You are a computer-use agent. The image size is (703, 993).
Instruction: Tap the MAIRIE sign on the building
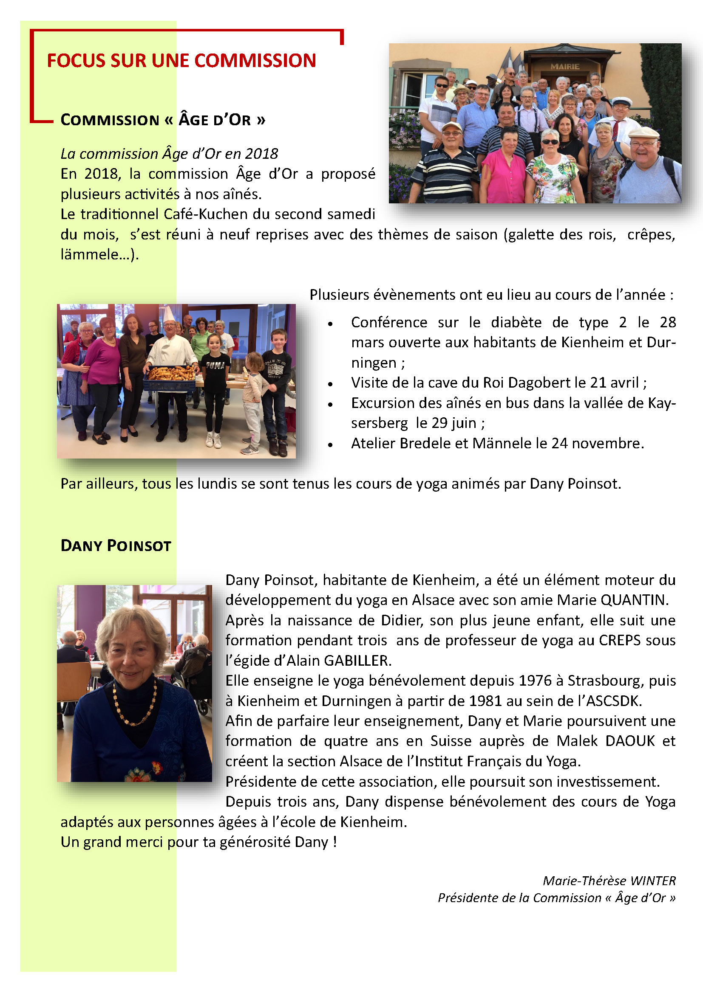[x=564, y=67]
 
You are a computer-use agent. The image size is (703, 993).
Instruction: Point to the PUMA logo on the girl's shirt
[x=215, y=366]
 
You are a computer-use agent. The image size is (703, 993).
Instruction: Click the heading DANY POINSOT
[x=116, y=546]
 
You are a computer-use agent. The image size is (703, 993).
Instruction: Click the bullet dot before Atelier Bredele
[x=330, y=444]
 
